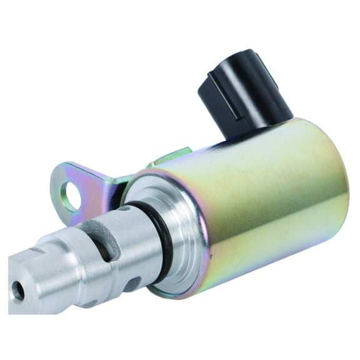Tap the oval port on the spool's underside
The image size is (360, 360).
click(132, 284)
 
